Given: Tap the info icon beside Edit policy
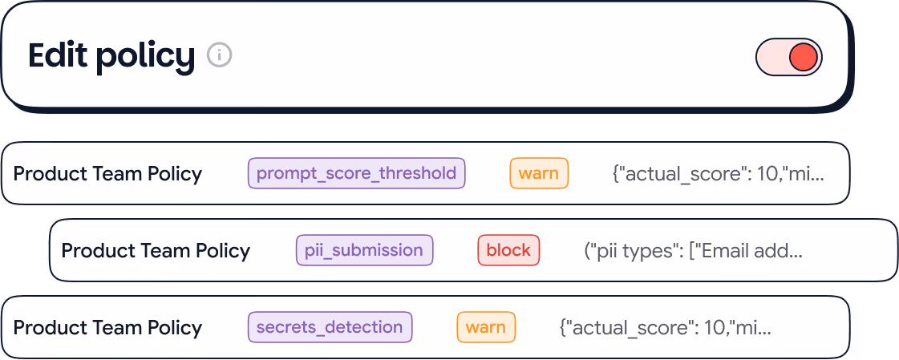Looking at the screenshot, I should tap(219, 55).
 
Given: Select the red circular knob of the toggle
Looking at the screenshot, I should tap(803, 57).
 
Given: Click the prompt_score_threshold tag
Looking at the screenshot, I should tap(356, 173).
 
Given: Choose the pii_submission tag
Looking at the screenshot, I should tap(364, 250).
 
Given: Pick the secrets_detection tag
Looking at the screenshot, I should tap(330, 327).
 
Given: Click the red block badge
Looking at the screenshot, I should tap(508, 250).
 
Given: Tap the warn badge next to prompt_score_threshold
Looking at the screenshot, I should tap(539, 173).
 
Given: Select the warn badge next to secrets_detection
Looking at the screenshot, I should tap(486, 327).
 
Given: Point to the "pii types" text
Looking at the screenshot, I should tap(636, 250).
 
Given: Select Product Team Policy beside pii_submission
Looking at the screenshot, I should tap(156, 250).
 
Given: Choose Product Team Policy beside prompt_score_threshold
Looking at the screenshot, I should tap(107, 173).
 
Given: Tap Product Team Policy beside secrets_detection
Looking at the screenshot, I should tap(107, 327).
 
